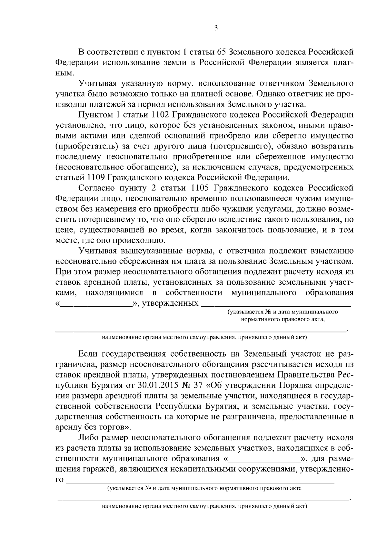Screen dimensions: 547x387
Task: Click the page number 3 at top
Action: click(216, 28)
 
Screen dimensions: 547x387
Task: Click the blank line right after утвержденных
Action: click(276, 303)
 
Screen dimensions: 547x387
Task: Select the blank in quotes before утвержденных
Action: click(96, 303)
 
